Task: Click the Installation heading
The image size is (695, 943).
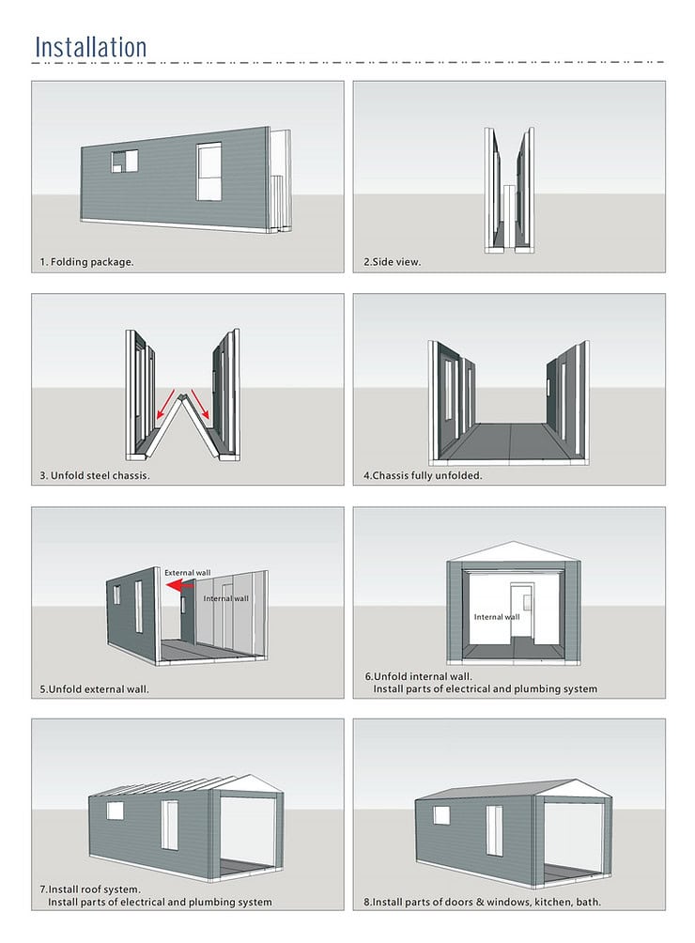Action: pos(91,46)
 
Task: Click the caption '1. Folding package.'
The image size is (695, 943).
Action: pos(86,262)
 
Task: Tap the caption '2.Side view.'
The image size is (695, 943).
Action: pos(393,262)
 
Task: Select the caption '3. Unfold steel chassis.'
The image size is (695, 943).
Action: pos(95,475)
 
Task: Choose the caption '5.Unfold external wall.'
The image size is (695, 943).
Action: pos(95,688)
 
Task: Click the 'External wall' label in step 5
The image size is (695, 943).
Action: pos(188,572)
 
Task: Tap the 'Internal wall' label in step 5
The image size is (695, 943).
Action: pos(226,598)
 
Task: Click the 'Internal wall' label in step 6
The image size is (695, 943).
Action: pos(496,617)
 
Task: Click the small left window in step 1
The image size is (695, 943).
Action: pos(124,161)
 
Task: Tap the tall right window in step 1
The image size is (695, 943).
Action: pos(208,171)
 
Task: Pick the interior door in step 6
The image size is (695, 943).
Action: pos(520,611)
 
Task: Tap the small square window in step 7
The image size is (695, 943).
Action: pos(115,810)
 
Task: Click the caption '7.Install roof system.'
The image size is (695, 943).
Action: pos(90,889)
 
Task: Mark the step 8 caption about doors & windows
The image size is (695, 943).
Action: pos(482,903)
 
